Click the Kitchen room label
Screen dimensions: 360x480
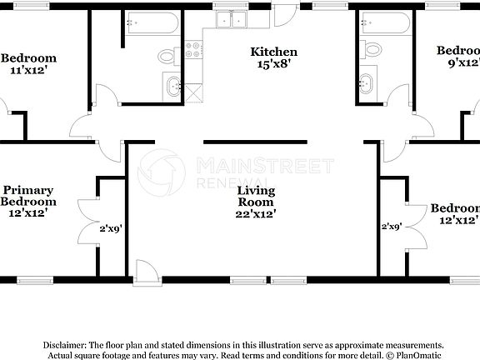coord(274,52)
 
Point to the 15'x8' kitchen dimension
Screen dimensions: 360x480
coord(274,63)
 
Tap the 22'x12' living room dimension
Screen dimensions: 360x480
coord(256,213)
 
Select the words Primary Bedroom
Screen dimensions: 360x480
coord(28,196)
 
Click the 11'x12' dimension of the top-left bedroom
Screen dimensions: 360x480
coord(28,70)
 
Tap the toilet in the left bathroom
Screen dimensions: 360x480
coord(167,56)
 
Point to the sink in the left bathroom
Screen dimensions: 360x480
coord(173,84)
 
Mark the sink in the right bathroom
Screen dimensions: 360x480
coord(365,84)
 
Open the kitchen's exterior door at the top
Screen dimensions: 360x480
coord(284,14)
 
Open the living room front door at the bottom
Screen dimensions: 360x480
coord(144,271)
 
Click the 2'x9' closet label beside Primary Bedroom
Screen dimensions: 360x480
coord(111,227)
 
